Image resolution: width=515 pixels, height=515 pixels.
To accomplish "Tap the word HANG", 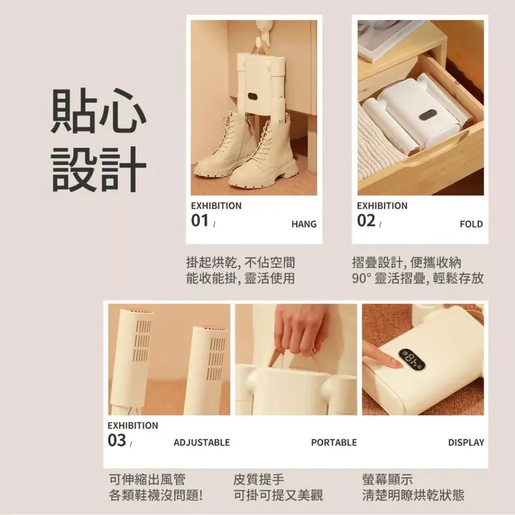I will click(303, 224).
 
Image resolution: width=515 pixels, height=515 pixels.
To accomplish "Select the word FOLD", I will click(471, 224).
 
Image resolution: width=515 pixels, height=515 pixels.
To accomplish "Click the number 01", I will click(200, 221).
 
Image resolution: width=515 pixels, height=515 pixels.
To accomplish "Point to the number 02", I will click(366, 221).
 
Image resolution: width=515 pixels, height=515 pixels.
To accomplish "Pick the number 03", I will click(117, 441).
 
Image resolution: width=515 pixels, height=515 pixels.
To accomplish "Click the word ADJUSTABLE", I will click(201, 443).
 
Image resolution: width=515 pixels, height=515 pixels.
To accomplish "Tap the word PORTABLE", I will click(333, 443).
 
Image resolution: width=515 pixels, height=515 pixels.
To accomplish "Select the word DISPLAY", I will click(466, 443).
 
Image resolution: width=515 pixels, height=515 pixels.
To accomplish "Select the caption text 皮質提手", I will click(258, 480).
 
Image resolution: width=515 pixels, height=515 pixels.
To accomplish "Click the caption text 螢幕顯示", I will click(387, 480).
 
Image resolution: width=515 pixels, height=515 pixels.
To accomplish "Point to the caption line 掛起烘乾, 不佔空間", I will click(240, 262).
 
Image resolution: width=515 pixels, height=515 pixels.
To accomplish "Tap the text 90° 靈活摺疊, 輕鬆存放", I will click(418, 279).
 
